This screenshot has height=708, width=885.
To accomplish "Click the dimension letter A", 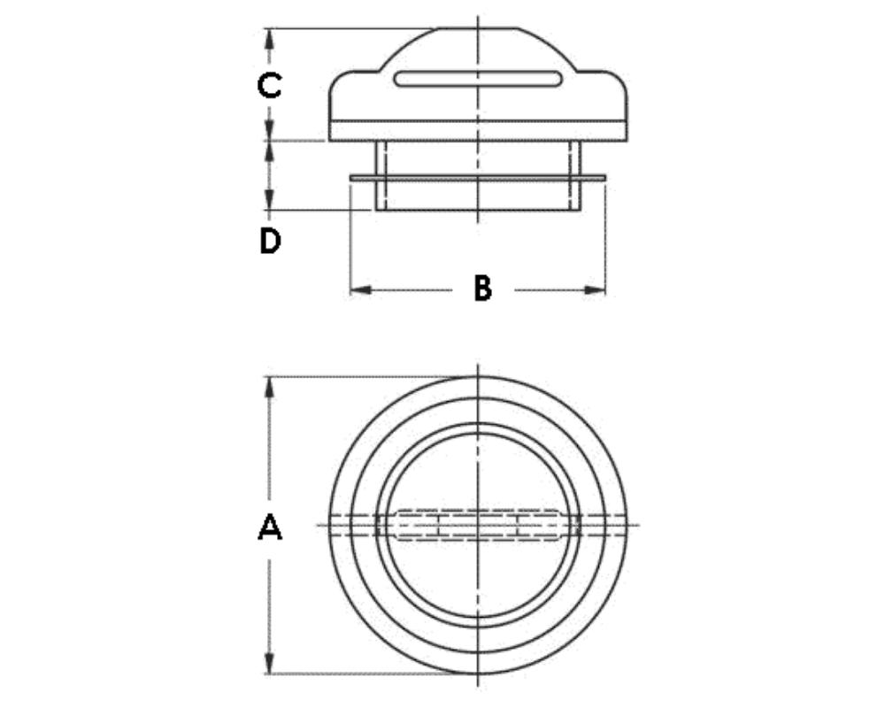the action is pyautogui.click(x=270, y=527).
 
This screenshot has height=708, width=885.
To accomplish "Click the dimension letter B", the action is pyautogui.click(x=483, y=289).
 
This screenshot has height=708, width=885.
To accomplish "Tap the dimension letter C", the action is pyautogui.click(x=269, y=86).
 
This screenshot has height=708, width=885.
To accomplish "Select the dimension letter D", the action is pyautogui.click(x=270, y=241).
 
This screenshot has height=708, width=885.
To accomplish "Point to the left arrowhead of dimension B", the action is pyautogui.click(x=361, y=290).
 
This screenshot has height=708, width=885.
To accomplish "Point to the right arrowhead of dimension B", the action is pyautogui.click(x=595, y=290).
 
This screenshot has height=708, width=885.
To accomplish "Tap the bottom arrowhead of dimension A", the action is pyautogui.click(x=270, y=662).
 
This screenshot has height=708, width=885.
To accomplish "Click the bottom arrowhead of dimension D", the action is pyautogui.click(x=270, y=199).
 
